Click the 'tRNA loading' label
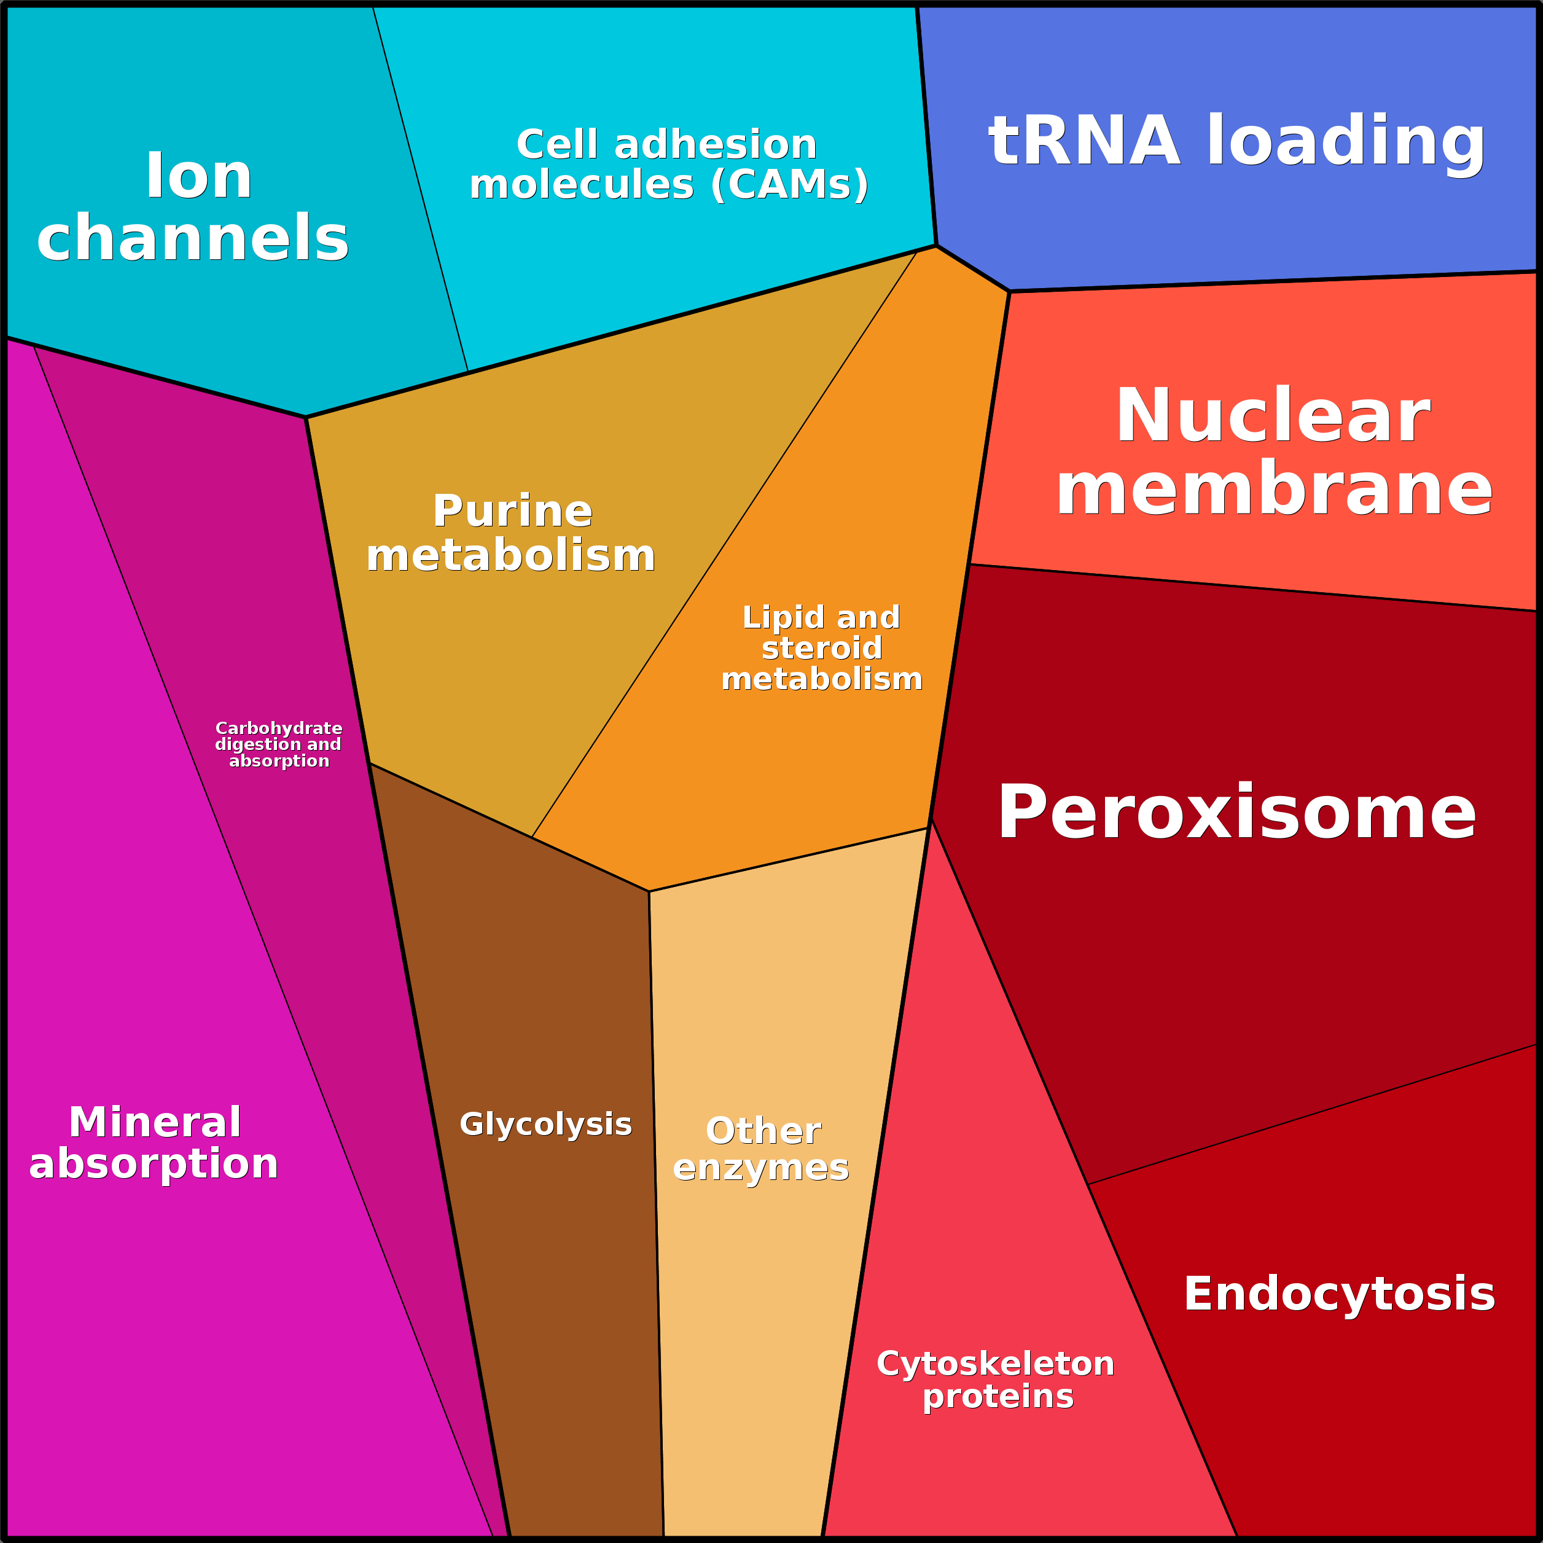(1236, 141)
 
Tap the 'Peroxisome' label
(1236, 812)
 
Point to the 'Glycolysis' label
(545, 1123)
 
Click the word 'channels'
(192, 238)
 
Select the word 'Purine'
(512, 510)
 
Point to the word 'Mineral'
(154, 1122)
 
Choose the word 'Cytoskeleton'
(995, 1363)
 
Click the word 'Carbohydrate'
(279, 729)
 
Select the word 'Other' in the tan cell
(763, 1131)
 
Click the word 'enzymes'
(760, 1168)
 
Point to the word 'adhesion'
(716, 144)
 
